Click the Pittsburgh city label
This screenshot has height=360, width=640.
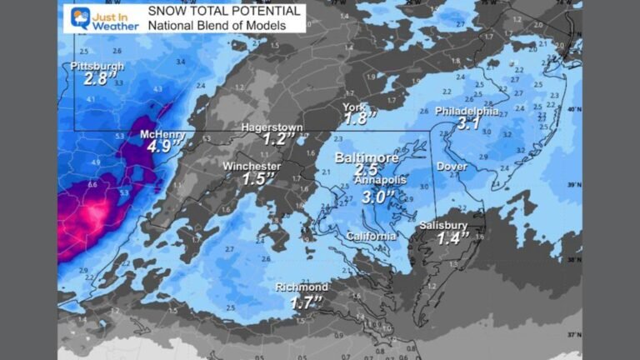[x=97, y=66]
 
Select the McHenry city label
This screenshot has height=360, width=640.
[x=161, y=133]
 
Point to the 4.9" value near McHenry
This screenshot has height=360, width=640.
[x=162, y=147]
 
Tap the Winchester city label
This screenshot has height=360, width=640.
[x=252, y=166]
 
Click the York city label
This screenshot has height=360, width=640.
[x=354, y=107]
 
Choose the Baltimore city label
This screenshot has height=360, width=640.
[x=366, y=157]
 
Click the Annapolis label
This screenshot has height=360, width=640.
[x=381, y=180]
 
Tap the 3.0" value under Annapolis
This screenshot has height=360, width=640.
[x=380, y=197]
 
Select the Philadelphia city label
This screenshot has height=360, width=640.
[x=467, y=111]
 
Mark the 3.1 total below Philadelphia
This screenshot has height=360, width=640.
[x=468, y=124]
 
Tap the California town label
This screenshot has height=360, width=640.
[x=372, y=237]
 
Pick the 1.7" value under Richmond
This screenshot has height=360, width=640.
[x=306, y=302]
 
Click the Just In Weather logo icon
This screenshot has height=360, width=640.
[x=82, y=18]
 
